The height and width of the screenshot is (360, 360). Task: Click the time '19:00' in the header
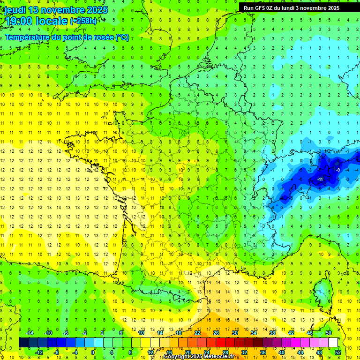[18, 21]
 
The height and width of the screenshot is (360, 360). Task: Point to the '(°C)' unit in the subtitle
[122, 37]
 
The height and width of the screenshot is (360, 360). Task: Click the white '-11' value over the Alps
[320, 180]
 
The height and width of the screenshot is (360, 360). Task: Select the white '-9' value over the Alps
[337, 170]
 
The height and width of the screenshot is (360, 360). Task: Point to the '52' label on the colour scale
[338, 352]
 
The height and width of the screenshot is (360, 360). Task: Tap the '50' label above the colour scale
[329, 333]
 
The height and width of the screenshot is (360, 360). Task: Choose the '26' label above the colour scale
[216, 333]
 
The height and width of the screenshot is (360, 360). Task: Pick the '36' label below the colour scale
[263, 352]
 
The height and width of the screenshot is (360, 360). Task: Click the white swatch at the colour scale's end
[333, 343]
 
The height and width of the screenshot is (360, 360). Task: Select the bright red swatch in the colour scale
[220, 343]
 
